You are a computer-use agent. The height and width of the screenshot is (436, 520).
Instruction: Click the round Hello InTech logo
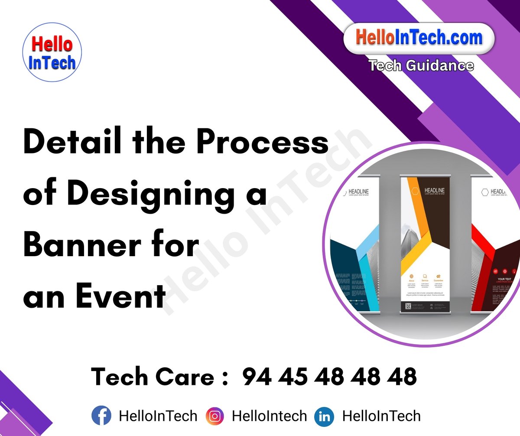point(52,52)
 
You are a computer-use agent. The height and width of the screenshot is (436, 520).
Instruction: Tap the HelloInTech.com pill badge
point(419,38)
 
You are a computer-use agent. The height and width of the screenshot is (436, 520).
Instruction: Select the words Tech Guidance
point(421,65)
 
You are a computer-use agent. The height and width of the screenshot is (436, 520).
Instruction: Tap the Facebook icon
point(101,416)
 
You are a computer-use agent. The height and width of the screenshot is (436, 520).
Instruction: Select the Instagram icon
point(215,416)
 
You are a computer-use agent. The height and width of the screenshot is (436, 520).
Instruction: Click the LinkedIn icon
point(324,416)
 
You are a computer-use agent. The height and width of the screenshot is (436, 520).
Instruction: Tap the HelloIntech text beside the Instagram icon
point(270,416)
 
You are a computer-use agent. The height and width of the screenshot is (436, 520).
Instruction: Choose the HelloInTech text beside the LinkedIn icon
point(381,416)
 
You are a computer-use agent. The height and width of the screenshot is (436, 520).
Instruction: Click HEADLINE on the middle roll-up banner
point(434,190)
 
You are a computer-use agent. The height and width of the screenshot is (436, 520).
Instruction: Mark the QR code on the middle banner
point(408,306)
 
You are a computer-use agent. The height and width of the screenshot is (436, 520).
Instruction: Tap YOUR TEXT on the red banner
point(504,279)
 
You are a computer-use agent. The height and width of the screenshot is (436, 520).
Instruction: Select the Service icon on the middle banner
point(425,276)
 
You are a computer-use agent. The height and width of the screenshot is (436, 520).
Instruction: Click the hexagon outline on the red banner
point(485,192)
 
